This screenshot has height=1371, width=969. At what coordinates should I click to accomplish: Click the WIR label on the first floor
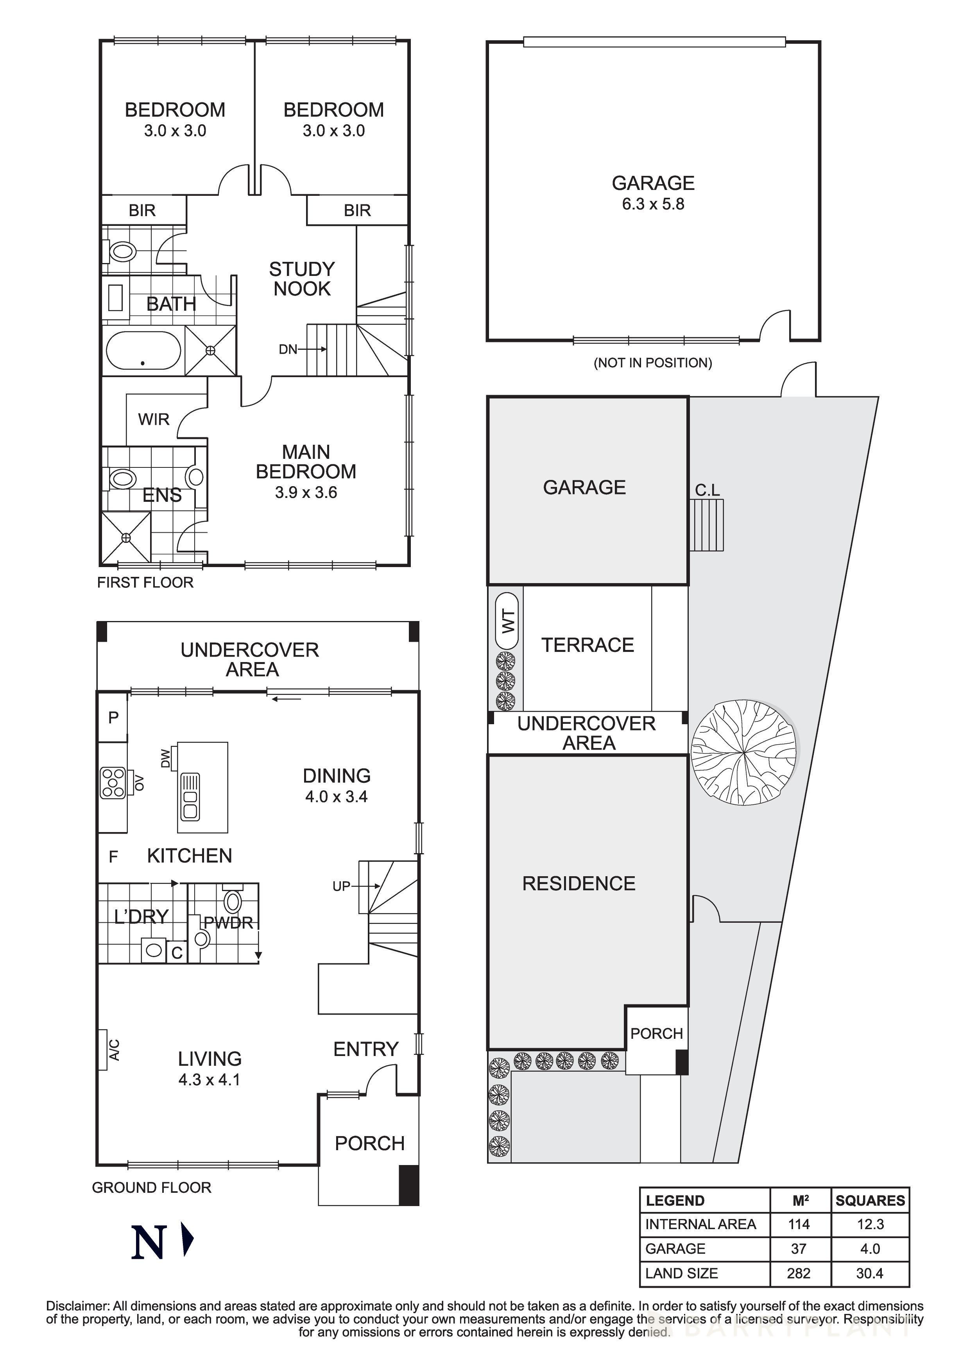point(154,419)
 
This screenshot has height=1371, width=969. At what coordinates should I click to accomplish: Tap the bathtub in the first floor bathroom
point(143,351)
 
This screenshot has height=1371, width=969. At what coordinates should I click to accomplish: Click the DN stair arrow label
point(288,349)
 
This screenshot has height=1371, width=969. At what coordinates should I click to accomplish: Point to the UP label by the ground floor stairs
point(341,886)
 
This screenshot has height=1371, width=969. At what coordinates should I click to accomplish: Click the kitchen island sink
point(190,796)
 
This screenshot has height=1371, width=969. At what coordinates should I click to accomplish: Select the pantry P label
point(113,717)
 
